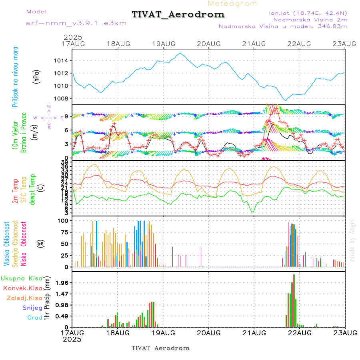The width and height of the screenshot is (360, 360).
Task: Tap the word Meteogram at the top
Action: point(233,4)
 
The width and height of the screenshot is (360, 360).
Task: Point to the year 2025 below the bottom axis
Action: point(72,339)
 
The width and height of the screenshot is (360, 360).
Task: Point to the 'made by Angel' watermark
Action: point(352,240)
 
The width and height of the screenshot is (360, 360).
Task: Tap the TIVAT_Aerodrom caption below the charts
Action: point(160,348)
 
